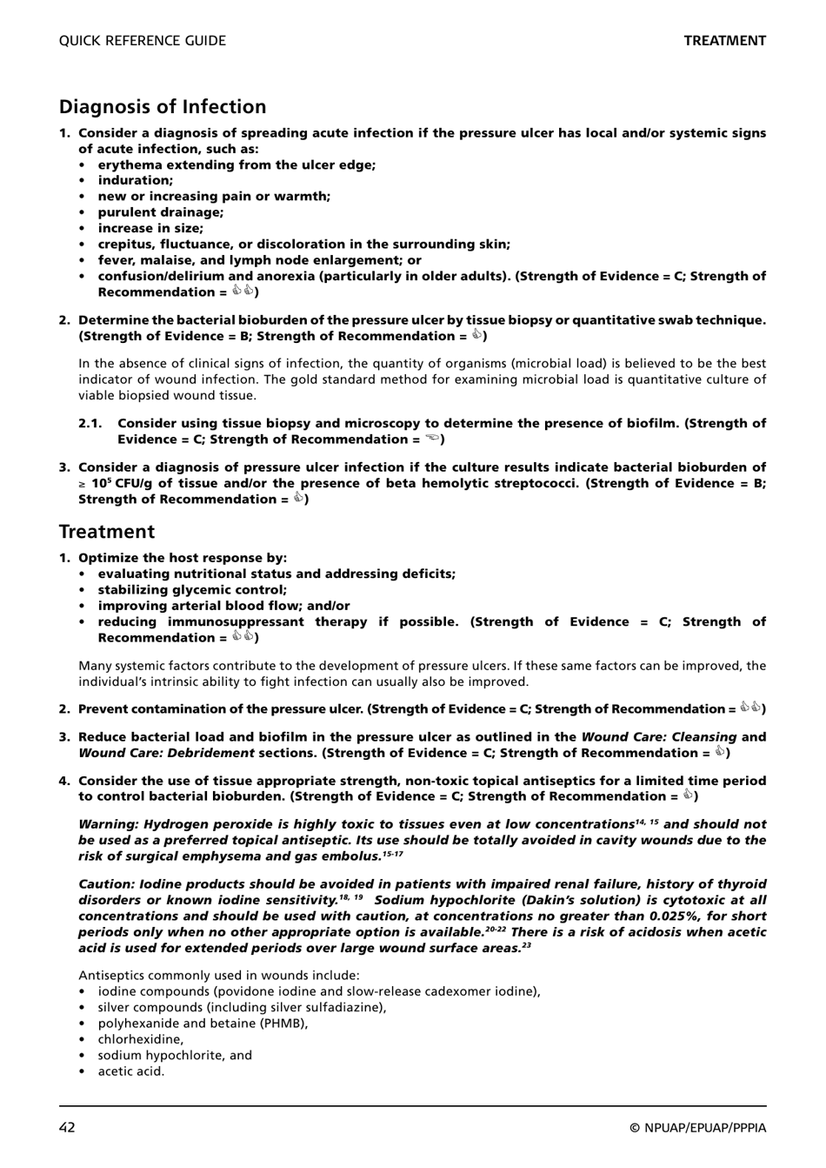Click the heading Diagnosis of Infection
point(163,107)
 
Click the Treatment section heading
point(106,532)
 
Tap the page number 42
point(67,1128)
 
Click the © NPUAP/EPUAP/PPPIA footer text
point(698,1128)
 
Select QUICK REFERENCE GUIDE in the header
point(142,41)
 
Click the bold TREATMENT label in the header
point(724,41)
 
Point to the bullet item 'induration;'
point(135,181)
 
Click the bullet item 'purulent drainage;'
point(160,212)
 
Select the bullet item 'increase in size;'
point(150,228)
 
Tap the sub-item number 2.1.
point(90,424)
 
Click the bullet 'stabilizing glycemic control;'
point(192,590)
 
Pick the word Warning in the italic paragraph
point(108,824)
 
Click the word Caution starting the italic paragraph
point(106,884)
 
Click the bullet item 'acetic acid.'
point(130,1071)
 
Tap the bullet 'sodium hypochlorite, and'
point(175,1056)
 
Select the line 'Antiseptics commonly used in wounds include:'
point(218,976)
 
